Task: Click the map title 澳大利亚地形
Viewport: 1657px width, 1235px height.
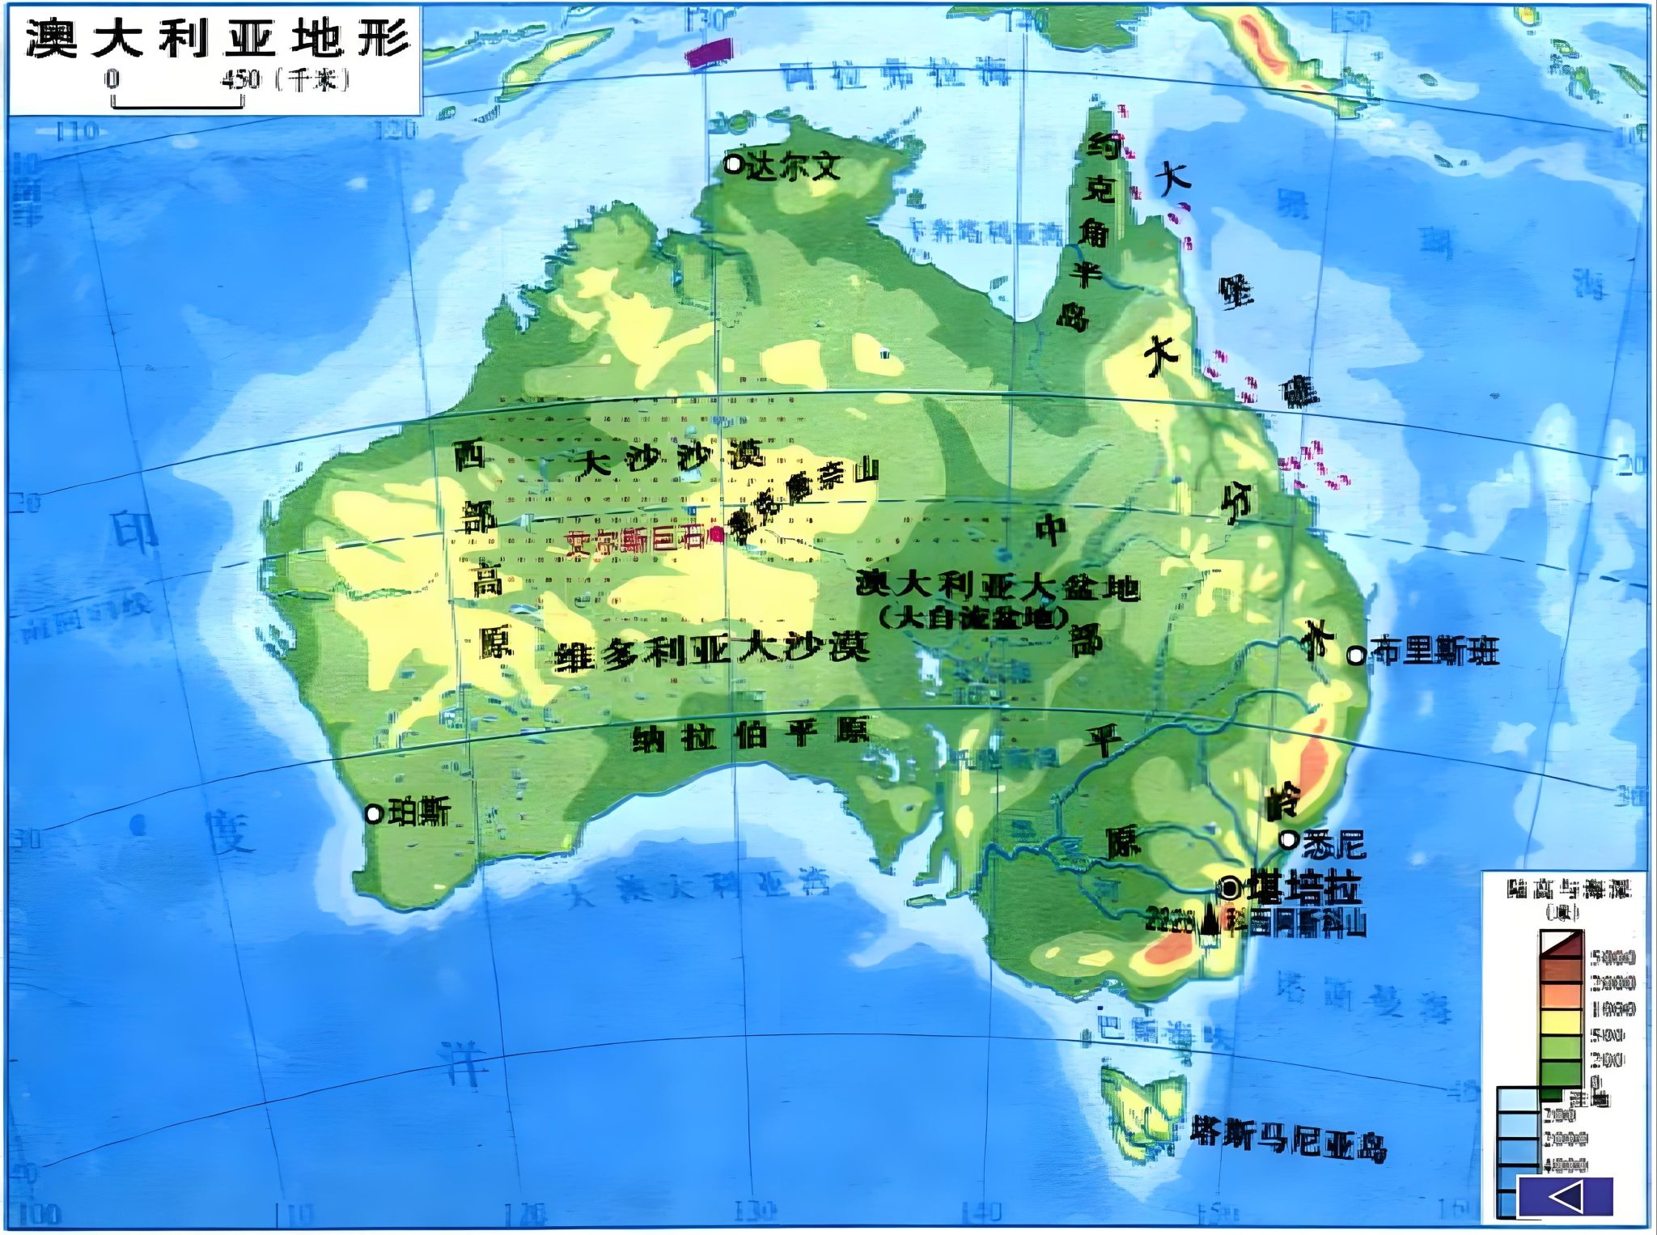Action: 217,38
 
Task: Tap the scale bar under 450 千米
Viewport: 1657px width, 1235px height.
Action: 177,103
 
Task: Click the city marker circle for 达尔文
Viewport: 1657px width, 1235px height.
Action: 733,164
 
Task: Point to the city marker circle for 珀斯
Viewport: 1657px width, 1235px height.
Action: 373,813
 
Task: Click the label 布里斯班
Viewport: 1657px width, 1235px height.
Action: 1435,652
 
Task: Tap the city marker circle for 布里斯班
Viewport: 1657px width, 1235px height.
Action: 1355,655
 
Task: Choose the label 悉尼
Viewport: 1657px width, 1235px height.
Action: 1333,845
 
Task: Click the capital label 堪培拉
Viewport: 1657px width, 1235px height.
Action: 1303,888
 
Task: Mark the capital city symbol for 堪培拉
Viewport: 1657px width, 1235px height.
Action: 1229,889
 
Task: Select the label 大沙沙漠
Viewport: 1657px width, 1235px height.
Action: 670,460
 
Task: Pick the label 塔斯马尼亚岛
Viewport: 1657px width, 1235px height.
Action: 1288,1140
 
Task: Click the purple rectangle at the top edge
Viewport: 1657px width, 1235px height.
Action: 710,52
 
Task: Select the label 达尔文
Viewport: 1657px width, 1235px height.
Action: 792,167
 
